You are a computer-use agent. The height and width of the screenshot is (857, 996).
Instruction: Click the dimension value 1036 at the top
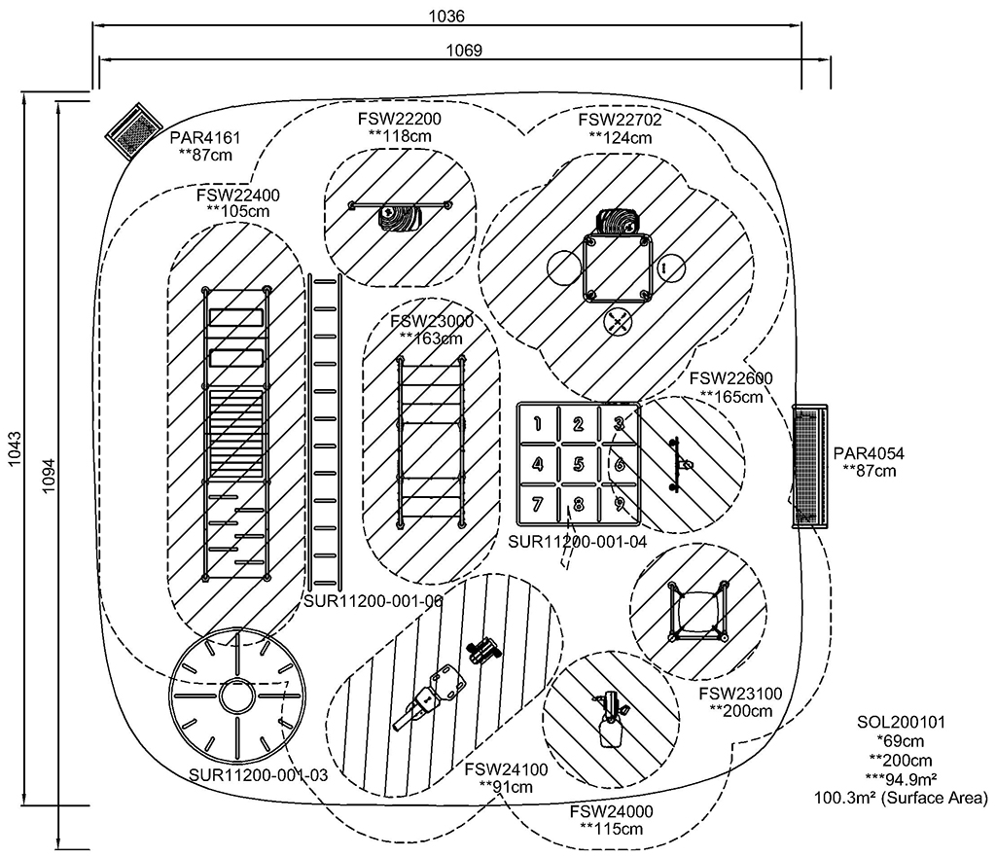446,16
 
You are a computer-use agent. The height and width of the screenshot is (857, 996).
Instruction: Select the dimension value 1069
464,51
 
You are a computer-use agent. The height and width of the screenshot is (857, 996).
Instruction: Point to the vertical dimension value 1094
50,476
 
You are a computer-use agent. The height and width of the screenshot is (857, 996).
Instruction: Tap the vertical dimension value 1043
15,448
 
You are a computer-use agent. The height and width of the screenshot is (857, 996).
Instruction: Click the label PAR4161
204,137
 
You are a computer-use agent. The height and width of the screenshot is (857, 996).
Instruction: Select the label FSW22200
399,119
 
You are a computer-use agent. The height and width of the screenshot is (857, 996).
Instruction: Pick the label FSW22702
620,120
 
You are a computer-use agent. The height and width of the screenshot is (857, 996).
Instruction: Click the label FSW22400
237,195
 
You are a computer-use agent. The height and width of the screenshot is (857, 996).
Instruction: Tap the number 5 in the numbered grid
578,464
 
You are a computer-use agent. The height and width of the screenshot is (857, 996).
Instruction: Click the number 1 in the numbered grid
537,424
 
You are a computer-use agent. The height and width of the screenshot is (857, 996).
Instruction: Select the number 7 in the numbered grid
537,505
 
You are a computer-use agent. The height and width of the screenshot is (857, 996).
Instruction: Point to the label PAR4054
869,453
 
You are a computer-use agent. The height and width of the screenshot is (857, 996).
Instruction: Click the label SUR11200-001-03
259,775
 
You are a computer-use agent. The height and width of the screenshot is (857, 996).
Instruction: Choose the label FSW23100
740,694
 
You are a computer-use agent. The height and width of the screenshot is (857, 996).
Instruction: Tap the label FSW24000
611,811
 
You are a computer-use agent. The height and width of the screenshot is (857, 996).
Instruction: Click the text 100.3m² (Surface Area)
902,798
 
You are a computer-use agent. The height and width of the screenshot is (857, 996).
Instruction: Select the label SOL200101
902,723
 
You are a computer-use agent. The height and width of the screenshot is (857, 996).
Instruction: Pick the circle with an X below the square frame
618,321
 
